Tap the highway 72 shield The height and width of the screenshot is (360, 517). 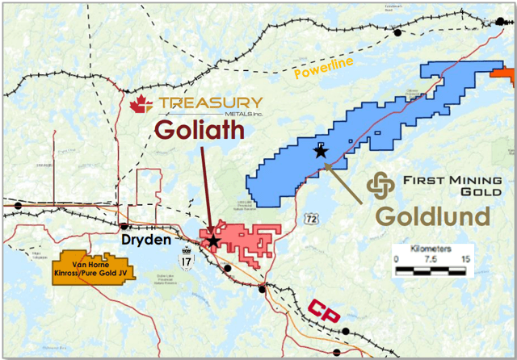coord(310,219)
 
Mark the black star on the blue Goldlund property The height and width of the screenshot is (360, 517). coord(321,151)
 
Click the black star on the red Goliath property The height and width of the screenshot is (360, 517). coord(212,241)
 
